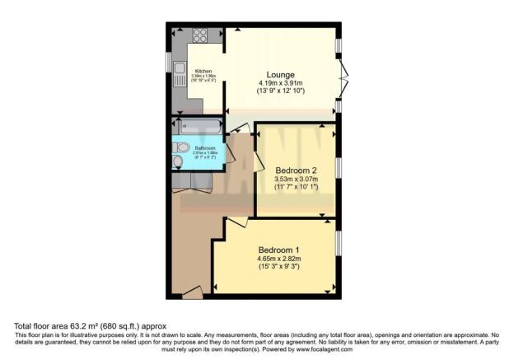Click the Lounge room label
pos(281,72)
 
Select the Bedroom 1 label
pos(278,250)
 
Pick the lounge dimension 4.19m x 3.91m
pos(281,83)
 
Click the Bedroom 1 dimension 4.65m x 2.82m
pos(278,259)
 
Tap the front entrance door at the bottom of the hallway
pos(192,290)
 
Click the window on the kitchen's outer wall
pos(169,62)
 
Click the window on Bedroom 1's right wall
pos(339,245)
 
